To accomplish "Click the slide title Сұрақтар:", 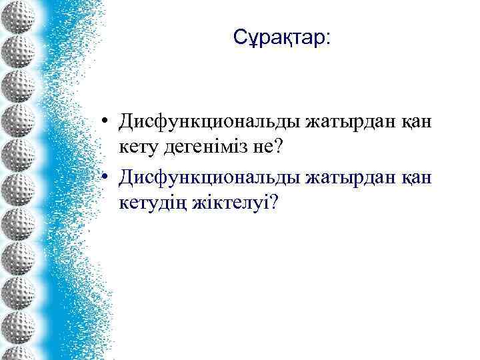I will pos(281,38).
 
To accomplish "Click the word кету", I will pos(139,147).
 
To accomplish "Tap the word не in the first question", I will pos(261,147).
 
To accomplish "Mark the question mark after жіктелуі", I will pos(271,201).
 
